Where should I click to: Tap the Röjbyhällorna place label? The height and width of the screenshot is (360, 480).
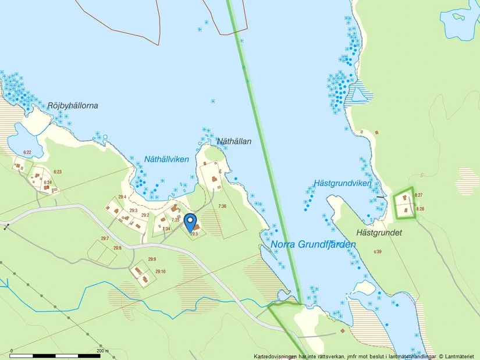pos(73,106)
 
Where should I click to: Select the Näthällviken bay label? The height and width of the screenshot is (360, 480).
pos(166,159)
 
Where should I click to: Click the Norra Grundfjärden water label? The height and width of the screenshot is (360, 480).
pos(313,245)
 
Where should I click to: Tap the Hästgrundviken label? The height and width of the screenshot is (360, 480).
pos(342,183)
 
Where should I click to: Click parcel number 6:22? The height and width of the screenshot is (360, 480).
pos(27,152)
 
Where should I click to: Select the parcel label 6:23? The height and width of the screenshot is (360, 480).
pos(57,172)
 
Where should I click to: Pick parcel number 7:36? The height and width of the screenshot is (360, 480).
pos(222,206)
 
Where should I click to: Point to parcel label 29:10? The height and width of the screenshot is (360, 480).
pos(160,272)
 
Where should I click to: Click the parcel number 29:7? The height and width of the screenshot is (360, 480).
pos(105,238)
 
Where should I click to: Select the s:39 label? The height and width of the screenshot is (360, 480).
pos(377,251)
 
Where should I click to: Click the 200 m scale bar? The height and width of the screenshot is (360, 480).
pos(58,354)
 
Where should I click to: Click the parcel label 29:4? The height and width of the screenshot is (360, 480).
pos(122,197)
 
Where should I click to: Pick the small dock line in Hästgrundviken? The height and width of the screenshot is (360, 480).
pos(381,197)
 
